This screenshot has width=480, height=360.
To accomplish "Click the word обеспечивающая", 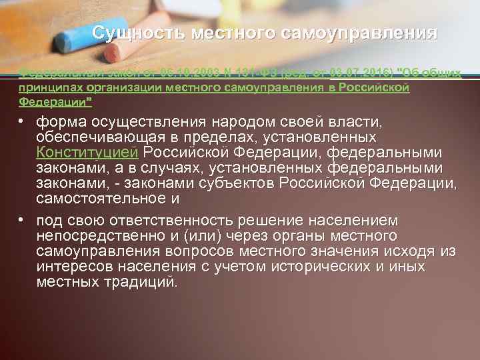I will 101,137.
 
